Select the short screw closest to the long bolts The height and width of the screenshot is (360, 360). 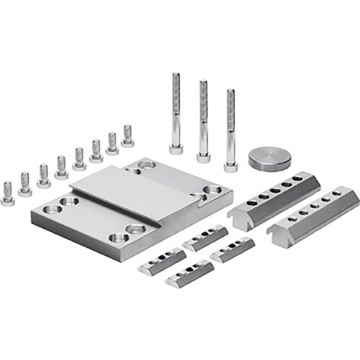[x=128, y=136]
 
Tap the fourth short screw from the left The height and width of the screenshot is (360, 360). [x=61, y=168]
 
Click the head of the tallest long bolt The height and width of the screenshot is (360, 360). [x=176, y=149]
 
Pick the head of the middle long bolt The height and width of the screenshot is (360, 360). [x=203, y=157]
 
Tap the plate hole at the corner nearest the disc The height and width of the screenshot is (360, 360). [x=212, y=190]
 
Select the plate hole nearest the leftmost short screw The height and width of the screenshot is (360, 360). [x=52, y=209]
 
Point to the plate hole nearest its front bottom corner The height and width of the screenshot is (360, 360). [x=118, y=238]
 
